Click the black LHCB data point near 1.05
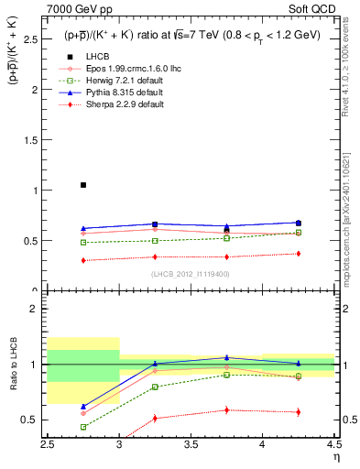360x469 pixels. click(83, 185)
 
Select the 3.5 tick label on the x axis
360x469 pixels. click(191, 442)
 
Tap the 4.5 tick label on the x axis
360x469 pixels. click(333, 442)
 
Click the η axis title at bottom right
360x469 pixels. click(337, 455)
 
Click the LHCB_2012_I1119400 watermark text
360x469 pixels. click(191, 273)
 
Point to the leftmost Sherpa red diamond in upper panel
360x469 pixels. click(83, 260)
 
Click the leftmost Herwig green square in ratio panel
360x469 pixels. click(83, 427)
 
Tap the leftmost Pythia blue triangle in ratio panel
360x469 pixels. click(83, 406)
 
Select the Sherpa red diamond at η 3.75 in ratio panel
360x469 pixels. click(226, 409)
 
